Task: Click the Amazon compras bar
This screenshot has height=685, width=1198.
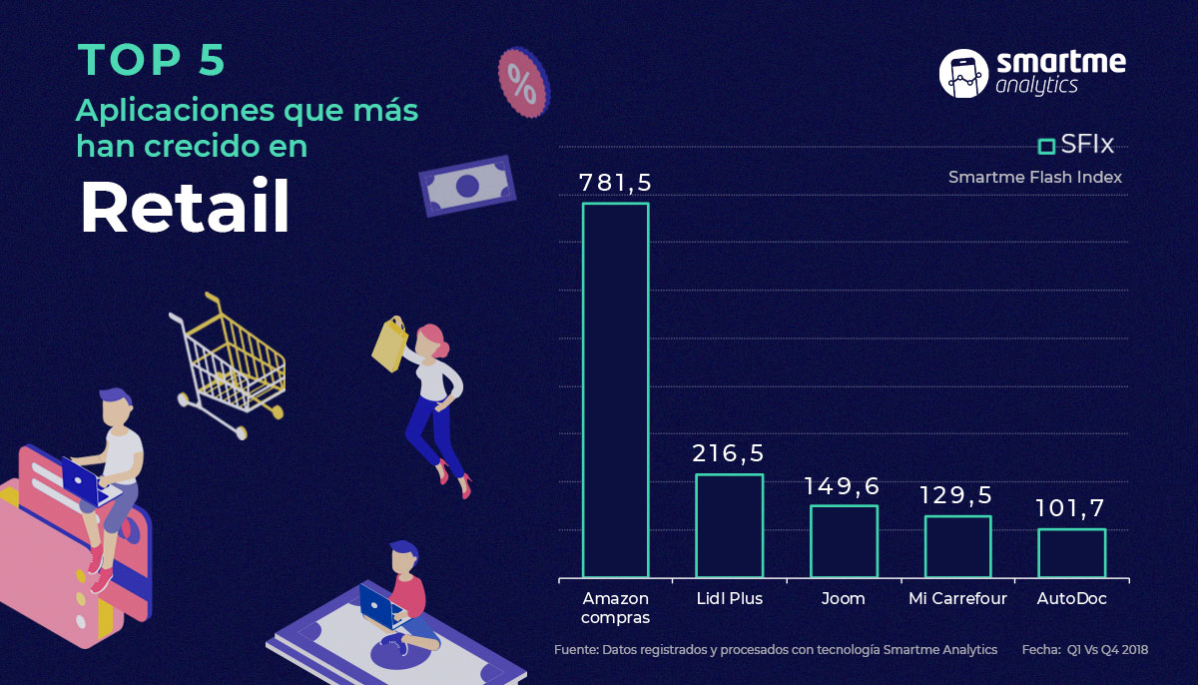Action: coord(616,389)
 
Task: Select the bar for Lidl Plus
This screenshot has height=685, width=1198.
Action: coord(729,525)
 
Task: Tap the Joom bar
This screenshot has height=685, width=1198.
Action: coord(844,541)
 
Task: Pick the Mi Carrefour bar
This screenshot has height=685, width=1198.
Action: coord(957,546)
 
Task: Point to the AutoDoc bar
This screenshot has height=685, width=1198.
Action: coord(1072,553)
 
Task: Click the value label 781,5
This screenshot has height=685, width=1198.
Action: coord(616,183)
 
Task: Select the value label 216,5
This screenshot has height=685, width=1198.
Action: coord(729,453)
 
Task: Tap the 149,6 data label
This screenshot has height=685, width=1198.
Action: coord(843,486)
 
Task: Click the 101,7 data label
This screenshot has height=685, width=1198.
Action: coord(1070,508)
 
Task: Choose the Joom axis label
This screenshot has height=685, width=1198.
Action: coord(843,598)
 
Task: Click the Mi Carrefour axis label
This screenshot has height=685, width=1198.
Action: coord(957,598)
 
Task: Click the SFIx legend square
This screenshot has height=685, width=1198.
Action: coord(1046,146)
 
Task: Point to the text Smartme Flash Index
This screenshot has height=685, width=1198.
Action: coord(1035,177)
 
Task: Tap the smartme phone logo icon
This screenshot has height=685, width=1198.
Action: coord(963,74)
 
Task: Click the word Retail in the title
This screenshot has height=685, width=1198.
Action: coord(185,207)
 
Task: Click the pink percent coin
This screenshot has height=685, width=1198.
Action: coord(523,83)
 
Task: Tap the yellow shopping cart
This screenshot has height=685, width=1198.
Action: coord(228,365)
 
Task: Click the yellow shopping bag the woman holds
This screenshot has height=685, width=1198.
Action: coord(390,343)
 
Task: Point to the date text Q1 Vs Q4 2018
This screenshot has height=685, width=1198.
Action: coord(1107,650)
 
